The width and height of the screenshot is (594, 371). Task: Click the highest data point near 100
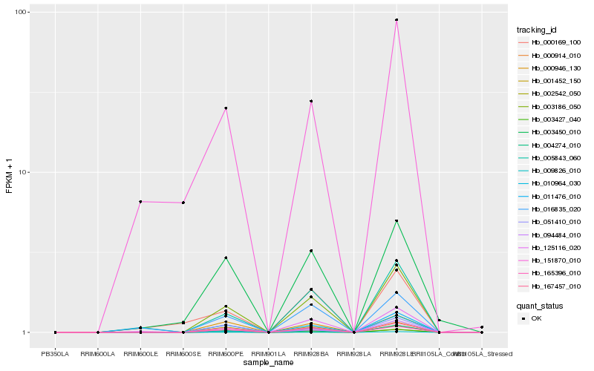click(x=396, y=20)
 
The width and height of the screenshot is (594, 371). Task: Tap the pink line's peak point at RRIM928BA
click(x=311, y=101)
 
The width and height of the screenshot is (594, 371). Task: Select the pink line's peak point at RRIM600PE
click(x=226, y=108)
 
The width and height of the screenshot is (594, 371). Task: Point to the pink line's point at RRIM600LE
click(x=140, y=202)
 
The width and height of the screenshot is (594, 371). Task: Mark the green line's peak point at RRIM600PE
click(x=226, y=257)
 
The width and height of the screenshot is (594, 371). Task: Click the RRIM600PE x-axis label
click(x=226, y=353)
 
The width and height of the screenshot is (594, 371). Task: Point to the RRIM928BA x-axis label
click(x=311, y=353)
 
